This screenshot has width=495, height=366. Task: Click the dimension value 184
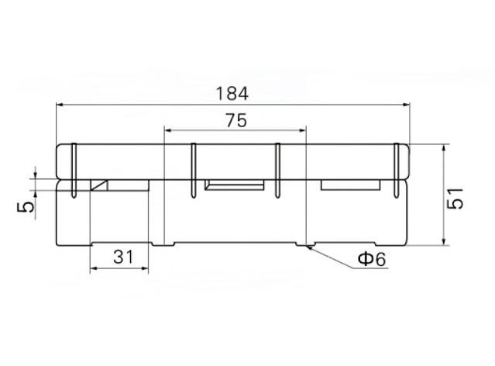click(232, 94)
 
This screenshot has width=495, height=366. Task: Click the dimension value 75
click(236, 121)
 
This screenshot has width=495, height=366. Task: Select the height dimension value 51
click(455, 199)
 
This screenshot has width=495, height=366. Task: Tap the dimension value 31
click(123, 257)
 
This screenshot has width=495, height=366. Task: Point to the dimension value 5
click(25, 207)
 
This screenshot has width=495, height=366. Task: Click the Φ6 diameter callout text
click(372, 259)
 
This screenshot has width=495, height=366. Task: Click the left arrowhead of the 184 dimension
click(60, 105)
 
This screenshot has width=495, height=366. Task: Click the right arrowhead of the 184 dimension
click(406, 105)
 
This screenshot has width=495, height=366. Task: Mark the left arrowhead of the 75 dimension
click(168, 130)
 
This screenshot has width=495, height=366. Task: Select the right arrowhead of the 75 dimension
click(302, 130)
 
